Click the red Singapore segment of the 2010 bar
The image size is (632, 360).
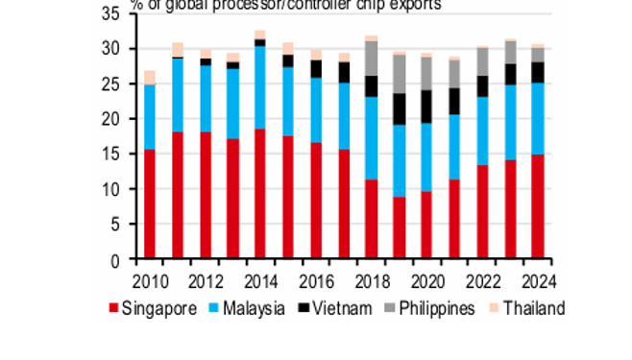point(149,204)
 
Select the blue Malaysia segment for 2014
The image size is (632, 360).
point(260,87)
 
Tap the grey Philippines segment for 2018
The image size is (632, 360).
point(371,59)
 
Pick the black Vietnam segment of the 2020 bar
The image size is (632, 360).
point(426,107)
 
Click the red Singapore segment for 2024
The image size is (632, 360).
point(538,206)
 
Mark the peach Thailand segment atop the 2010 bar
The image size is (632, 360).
point(149,77)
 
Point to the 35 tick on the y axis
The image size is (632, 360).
point(120,13)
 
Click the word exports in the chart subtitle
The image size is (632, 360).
point(415,5)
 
